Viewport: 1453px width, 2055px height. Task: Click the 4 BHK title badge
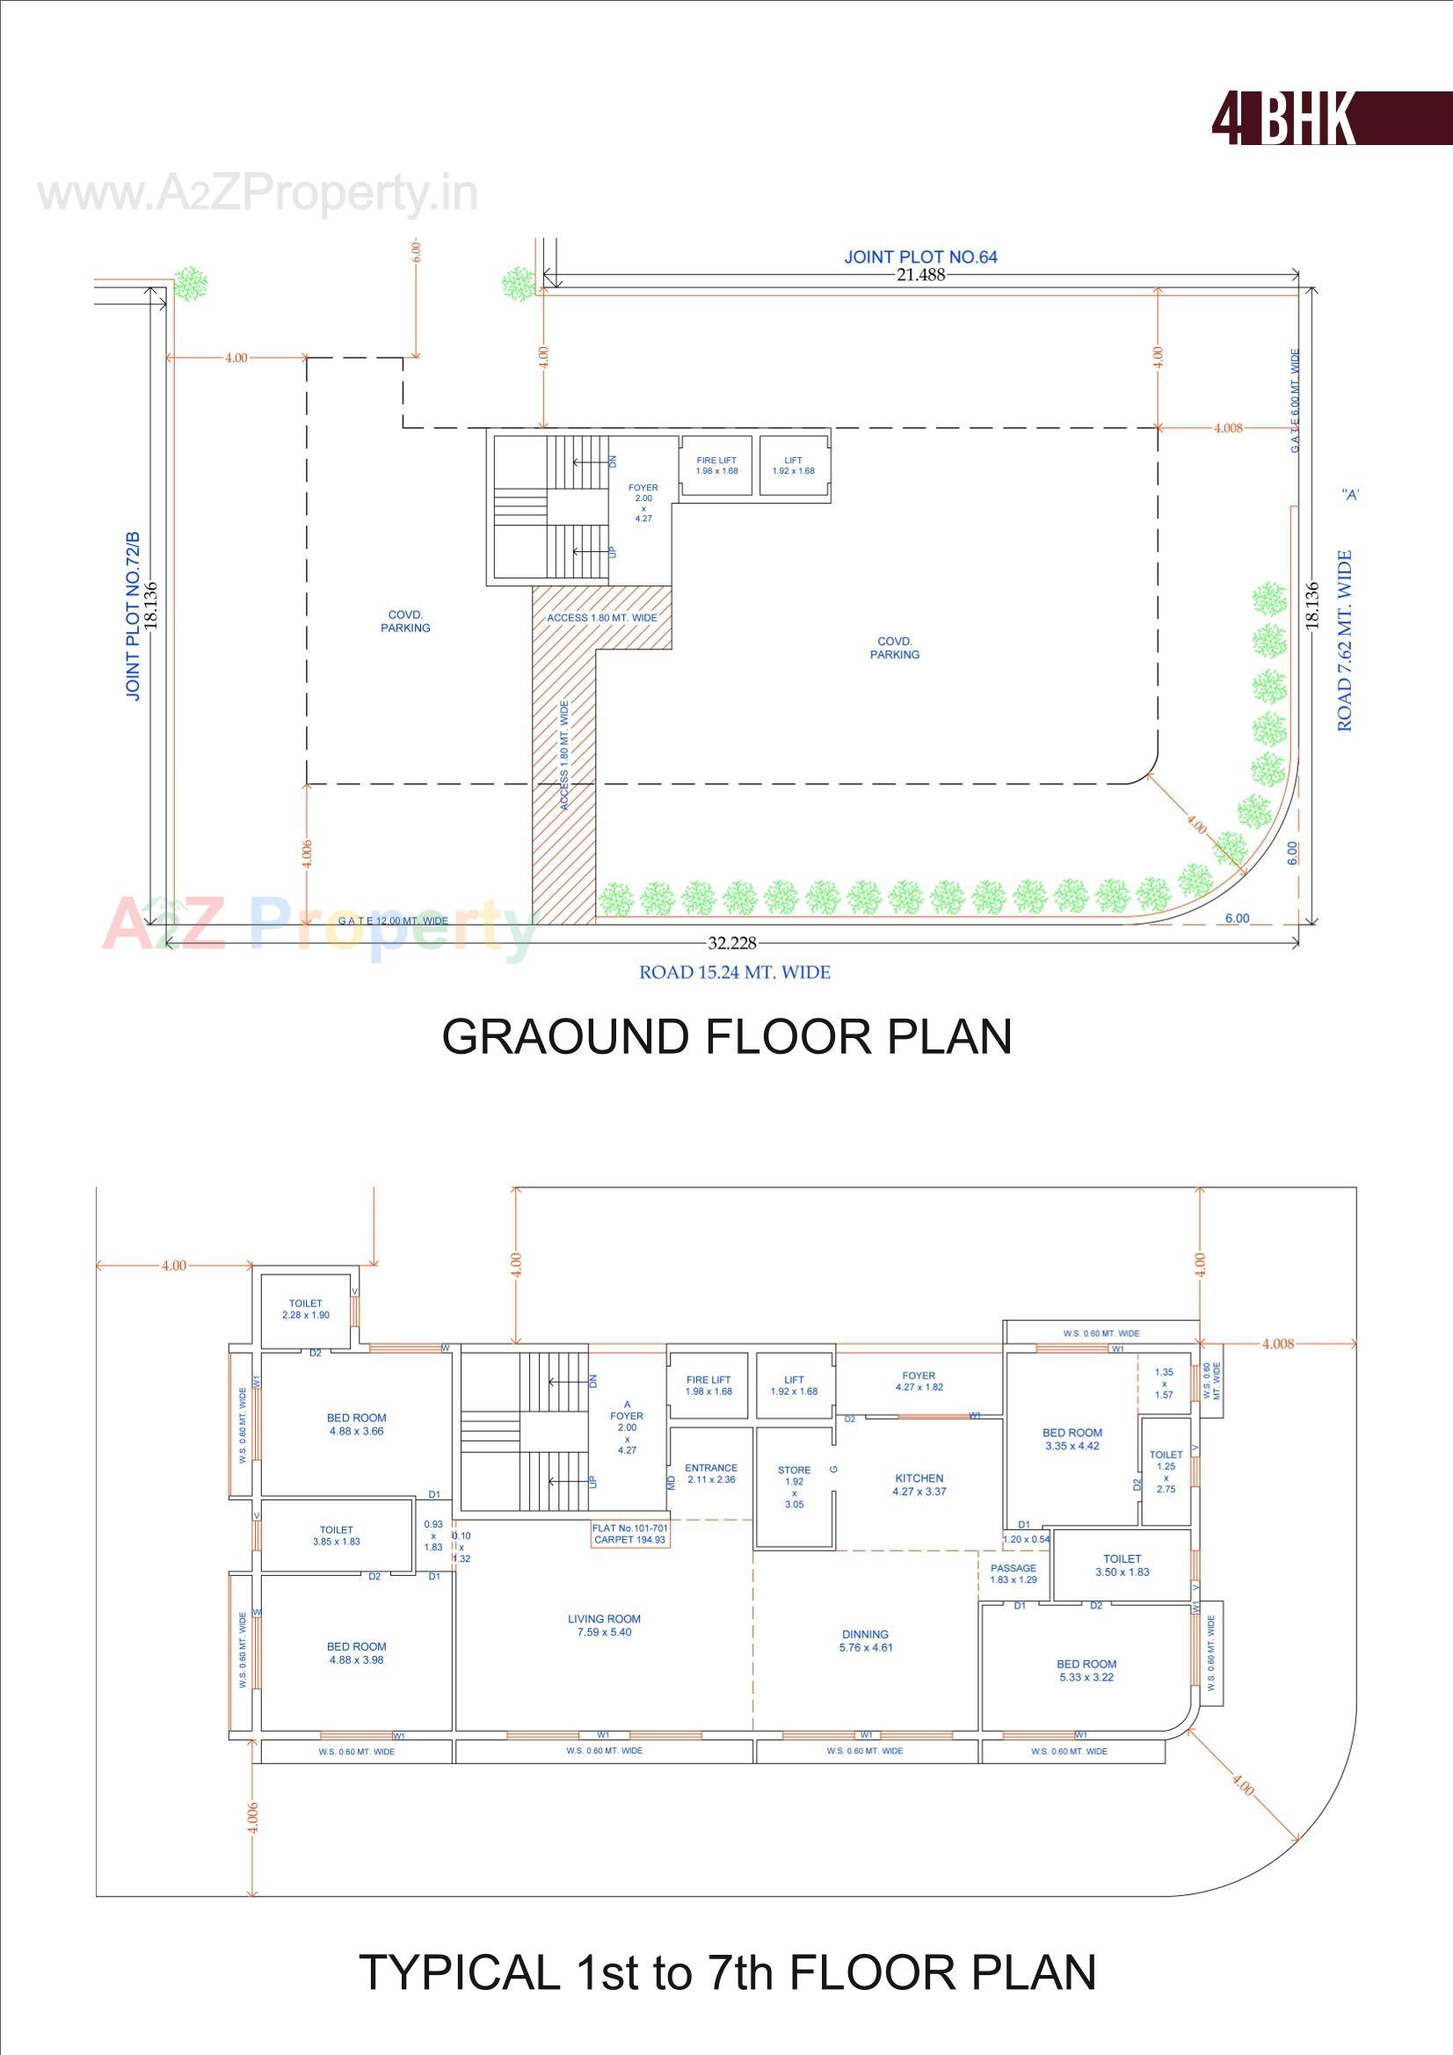click(x=1330, y=118)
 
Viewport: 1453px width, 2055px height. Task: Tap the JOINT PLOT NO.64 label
click(x=920, y=257)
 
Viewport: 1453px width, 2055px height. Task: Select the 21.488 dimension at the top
click(x=920, y=275)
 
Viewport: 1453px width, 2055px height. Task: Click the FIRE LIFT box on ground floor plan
click(x=716, y=466)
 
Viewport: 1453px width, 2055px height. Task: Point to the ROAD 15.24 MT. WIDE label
click(x=734, y=972)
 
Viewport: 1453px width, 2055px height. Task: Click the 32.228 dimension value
click(x=731, y=942)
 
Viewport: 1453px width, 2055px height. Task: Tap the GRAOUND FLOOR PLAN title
click(x=726, y=1036)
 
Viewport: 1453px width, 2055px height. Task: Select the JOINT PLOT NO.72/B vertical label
click(x=133, y=617)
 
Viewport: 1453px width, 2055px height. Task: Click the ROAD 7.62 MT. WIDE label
click(x=1345, y=641)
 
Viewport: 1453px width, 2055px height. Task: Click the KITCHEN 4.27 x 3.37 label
click(x=919, y=1485)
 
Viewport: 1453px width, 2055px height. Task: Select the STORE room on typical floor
click(x=794, y=1486)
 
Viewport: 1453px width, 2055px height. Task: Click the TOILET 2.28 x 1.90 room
click(x=305, y=1310)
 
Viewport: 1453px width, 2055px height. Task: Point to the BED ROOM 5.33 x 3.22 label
click(x=1086, y=1670)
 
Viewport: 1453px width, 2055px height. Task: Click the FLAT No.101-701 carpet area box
click(x=629, y=1534)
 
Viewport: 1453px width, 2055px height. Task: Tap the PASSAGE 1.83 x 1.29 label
click(x=1013, y=1573)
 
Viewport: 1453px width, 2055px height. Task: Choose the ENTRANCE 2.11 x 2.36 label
click(x=711, y=1473)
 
